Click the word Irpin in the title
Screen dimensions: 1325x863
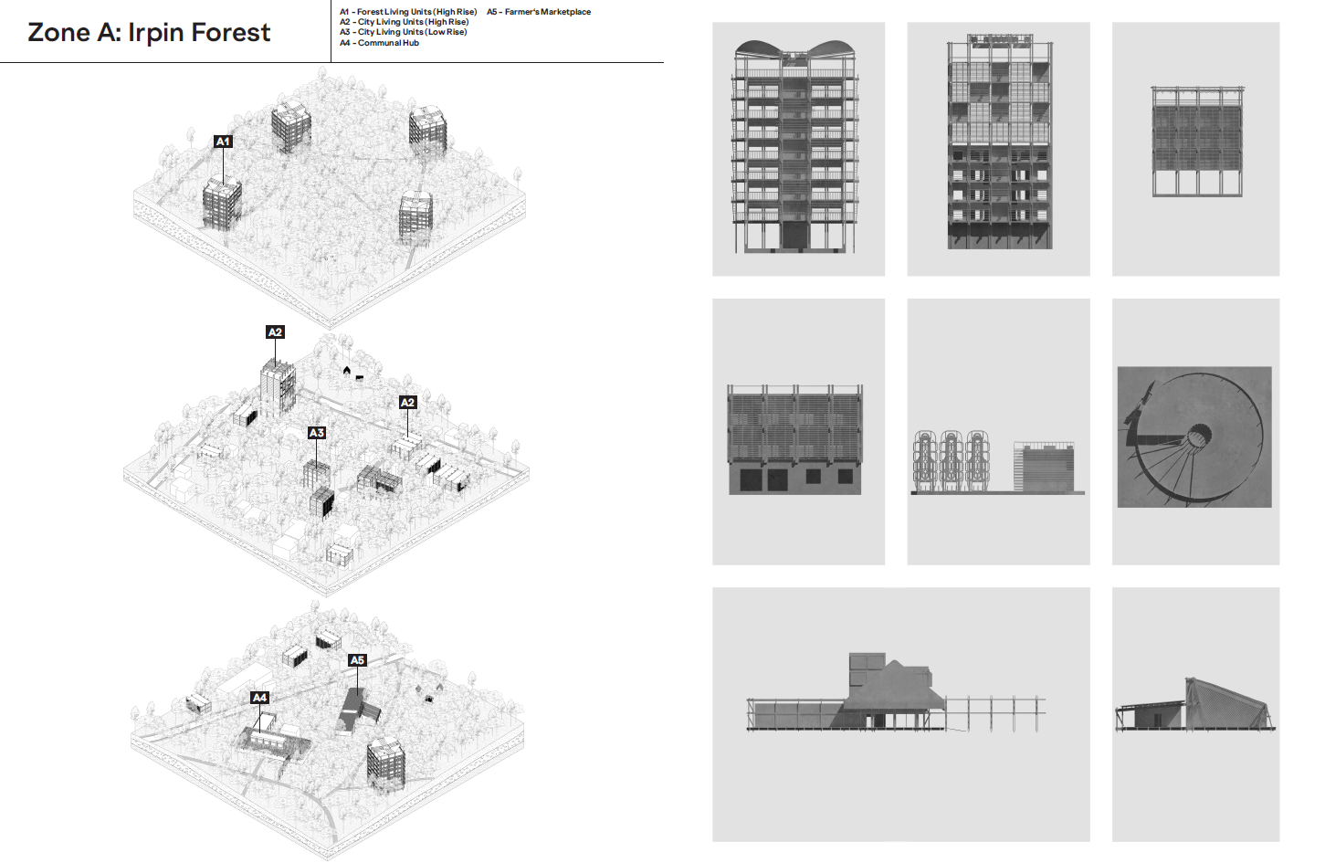(157, 34)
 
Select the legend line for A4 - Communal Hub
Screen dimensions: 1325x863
(379, 43)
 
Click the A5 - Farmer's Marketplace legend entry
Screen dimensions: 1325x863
(539, 12)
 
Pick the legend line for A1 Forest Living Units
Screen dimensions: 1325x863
(408, 12)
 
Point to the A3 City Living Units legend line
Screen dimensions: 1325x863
(403, 32)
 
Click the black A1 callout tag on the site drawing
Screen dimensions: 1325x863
(223, 142)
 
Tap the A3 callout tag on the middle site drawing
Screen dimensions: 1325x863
(316, 433)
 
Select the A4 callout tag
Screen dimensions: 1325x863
(259, 698)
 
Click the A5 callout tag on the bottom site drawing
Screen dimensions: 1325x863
(357, 660)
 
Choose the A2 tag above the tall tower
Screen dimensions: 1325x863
(275, 332)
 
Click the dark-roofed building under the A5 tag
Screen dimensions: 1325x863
(352, 707)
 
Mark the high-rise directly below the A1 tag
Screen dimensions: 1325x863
(221, 203)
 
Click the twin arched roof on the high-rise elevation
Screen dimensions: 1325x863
(794, 50)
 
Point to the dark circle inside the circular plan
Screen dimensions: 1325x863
(1199, 435)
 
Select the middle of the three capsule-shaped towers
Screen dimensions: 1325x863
(951, 460)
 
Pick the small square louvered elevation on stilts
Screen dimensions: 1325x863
(1196, 142)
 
